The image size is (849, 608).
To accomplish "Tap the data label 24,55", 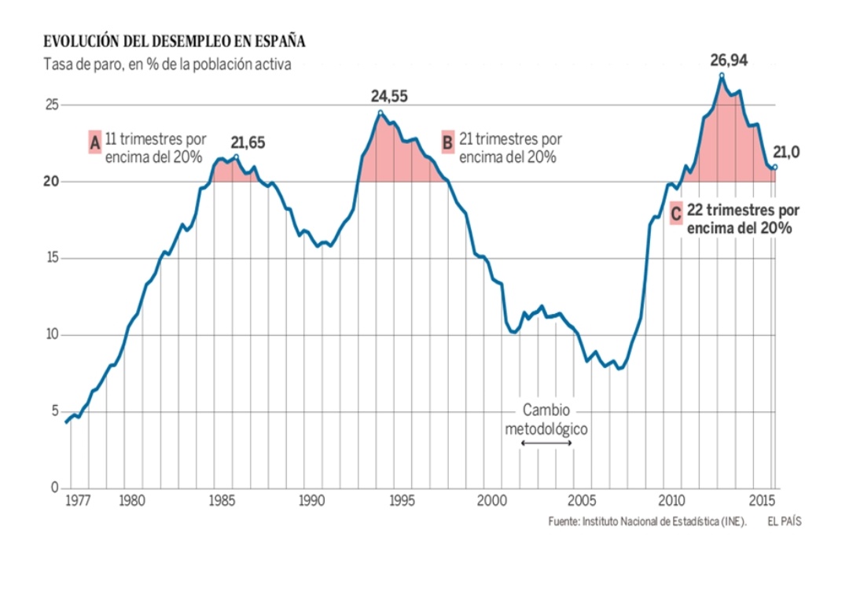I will click(x=389, y=97).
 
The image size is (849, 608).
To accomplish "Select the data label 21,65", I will click(x=248, y=142).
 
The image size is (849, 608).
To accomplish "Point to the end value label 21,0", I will click(x=786, y=152).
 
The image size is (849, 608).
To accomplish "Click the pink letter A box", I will click(x=95, y=142).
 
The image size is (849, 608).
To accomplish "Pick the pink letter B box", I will click(x=447, y=142).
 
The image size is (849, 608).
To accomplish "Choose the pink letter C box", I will click(x=676, y=213).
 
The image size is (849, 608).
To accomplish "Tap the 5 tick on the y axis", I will click(x=55, y=411).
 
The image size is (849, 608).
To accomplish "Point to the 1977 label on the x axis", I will click(x=76, y=500).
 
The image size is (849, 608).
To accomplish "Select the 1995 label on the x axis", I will click(x=402, y=500).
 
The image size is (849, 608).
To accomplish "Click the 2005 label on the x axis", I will click(x=582, y=500).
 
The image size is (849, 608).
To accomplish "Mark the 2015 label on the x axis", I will click(x=761, y=500).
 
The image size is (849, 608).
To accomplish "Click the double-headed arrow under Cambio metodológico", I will click(x=546, y=444).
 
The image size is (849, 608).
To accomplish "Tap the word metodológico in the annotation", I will click(x=546, y=429).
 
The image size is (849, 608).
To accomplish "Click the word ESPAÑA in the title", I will click(x=279, y=41).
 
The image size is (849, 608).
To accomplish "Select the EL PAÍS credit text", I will click(x=785, y=521).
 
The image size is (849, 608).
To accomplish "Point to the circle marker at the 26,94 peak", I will click(x=722, y=76).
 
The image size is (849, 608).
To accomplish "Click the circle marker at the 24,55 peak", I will click(x=380, y=112).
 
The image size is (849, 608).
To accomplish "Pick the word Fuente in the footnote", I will click(x=564, y=521).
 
